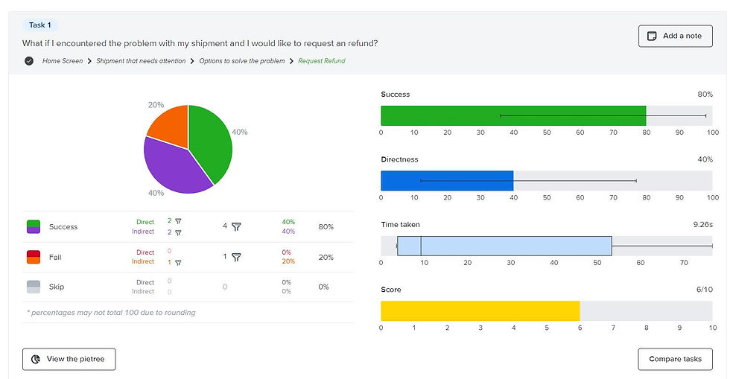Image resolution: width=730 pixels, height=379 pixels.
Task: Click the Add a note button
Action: point(675,36)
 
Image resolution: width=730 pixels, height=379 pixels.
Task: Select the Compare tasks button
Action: point(675,359)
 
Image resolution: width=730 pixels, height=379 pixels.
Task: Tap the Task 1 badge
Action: point(40,25)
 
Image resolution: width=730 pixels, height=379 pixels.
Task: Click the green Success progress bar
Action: point(513,115)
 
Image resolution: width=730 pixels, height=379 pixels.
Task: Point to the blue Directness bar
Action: point(447,181)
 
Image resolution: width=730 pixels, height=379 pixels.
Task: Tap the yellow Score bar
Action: point(480,310)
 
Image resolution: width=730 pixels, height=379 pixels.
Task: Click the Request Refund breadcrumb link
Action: point(322,61)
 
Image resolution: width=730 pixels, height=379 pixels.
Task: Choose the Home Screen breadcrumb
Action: point(63,61)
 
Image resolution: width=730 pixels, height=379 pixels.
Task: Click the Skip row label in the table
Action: point(57,287)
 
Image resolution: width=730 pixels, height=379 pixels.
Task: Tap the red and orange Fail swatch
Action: point(34,257)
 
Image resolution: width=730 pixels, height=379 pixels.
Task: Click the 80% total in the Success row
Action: point(326,226)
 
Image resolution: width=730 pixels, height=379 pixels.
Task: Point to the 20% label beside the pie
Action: point(156,105)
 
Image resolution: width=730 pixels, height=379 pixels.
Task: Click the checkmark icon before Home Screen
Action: point(29,61)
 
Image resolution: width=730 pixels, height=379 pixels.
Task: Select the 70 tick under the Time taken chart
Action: point(685,262)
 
